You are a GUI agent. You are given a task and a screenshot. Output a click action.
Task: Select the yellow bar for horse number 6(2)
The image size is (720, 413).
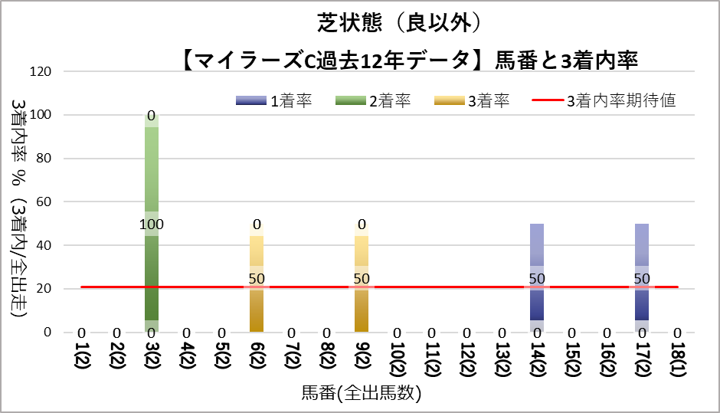tap(257, 306)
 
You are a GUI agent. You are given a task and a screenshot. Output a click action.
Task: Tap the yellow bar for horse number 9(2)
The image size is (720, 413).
tap(362, 306)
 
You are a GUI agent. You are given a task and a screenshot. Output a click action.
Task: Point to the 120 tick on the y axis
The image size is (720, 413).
tap(41, 72)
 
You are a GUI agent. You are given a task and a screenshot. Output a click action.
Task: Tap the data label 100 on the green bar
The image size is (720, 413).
tap(152, 225)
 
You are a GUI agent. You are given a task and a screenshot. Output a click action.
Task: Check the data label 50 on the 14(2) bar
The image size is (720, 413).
tap(537, 278)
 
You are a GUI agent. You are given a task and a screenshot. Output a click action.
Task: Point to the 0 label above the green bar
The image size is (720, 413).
tap(152, 116)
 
